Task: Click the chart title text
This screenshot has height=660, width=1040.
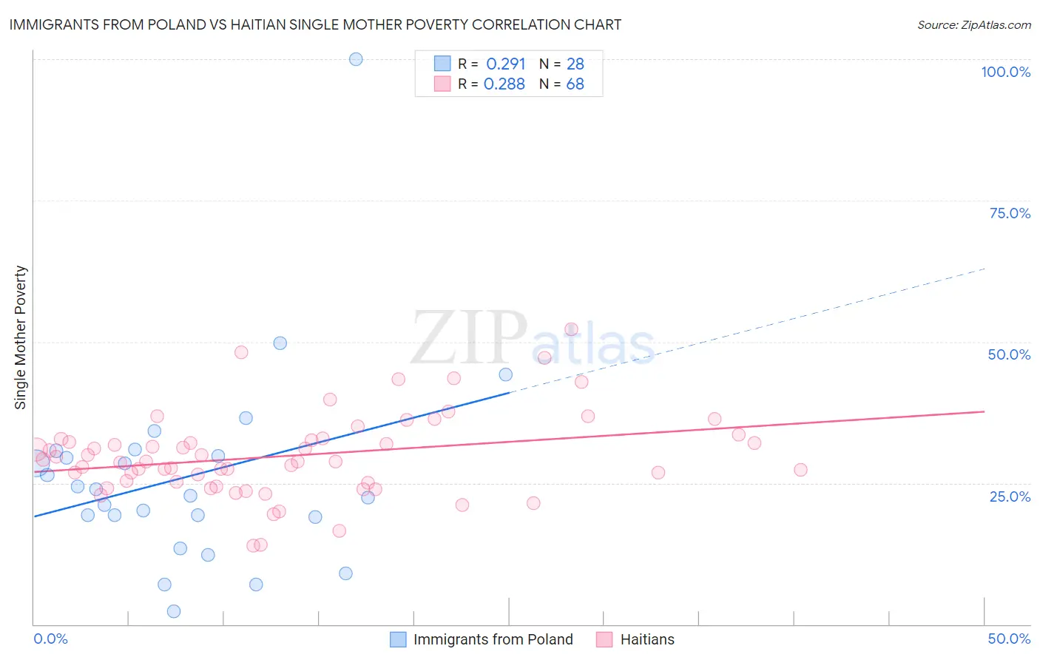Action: click(x=315, y=24)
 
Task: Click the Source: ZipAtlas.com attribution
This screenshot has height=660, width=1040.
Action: click(x=973, y=24)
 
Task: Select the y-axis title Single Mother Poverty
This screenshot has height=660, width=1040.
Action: click(x=21, y=337)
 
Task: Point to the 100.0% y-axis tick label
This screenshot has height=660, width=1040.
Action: click(x=1005, y=72)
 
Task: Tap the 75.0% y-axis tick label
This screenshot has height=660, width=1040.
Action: click(x=1010, y=213)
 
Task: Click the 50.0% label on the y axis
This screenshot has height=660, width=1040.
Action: click(x=1009, y=354)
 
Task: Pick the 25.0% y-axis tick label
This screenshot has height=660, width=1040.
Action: click(x=1010, y=496)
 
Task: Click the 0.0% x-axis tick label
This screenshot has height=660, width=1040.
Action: click(x=50, y=639)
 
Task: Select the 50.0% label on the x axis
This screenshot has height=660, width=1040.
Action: click(x=1009, y=639)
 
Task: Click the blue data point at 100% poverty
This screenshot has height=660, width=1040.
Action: click(x=356, y=59)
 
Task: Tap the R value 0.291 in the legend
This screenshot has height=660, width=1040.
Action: click(x=506, y=64)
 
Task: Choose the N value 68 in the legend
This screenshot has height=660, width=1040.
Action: click(x=575, y=84)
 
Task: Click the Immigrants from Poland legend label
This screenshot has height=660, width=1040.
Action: click(x=493, y=639)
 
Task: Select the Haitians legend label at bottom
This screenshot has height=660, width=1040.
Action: click(x=647, y=639)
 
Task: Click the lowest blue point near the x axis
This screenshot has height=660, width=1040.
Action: click(x=174, y=611)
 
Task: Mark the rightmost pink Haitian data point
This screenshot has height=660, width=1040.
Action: click(x=800, y=470)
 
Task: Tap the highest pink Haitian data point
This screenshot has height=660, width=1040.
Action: click(x=571, y=329)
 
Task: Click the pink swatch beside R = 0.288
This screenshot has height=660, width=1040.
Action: click(x=442, y=84)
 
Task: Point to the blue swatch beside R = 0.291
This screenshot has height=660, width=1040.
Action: click(x=442, y=64)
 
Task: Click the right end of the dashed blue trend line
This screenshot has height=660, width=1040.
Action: click(x=985, y=269)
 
